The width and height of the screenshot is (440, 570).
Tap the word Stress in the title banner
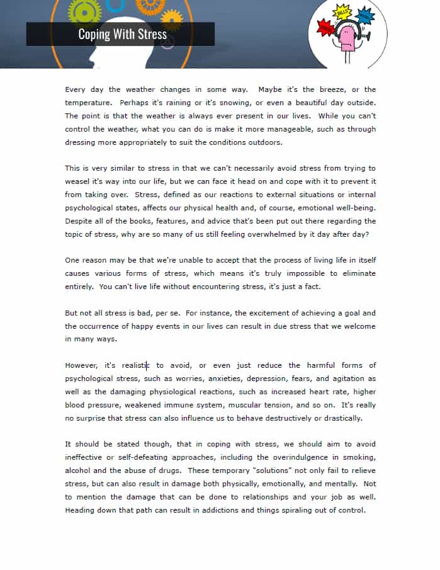(149, 34)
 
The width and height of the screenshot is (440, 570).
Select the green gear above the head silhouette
(84, 9)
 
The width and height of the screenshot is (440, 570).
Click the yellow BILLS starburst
(344, 13)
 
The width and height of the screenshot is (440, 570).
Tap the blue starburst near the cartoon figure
(364, 14)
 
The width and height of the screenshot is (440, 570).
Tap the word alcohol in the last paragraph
(78, 470)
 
